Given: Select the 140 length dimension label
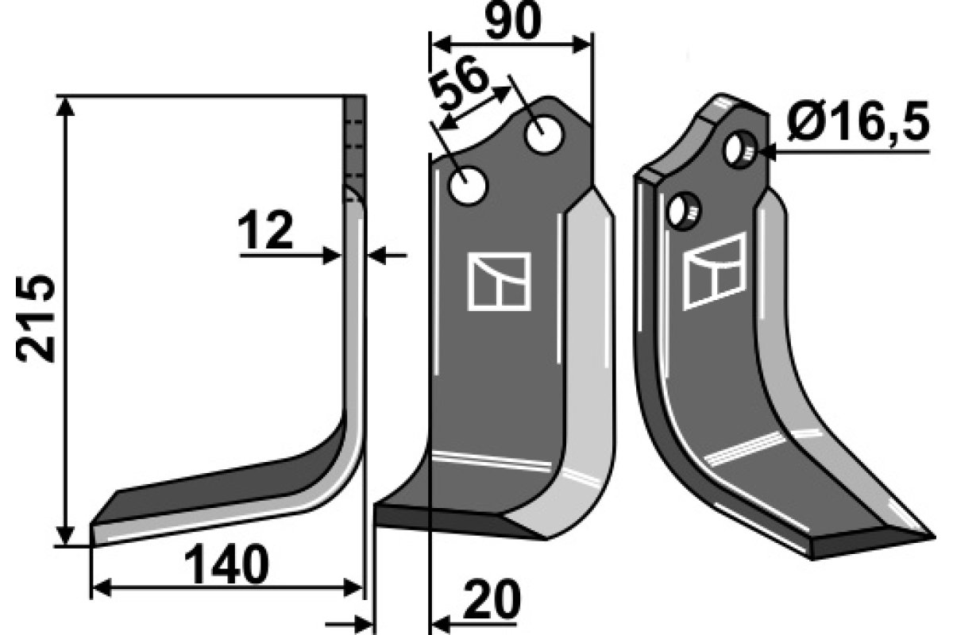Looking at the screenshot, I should click(x=225, y=567).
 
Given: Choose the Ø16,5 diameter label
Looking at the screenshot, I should click(x=858, y=125).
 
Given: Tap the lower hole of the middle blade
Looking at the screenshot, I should click(x=468, y=187).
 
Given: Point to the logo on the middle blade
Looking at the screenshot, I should click(x=499, y=281).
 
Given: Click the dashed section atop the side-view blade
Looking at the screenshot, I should click(x=355, y=139).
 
